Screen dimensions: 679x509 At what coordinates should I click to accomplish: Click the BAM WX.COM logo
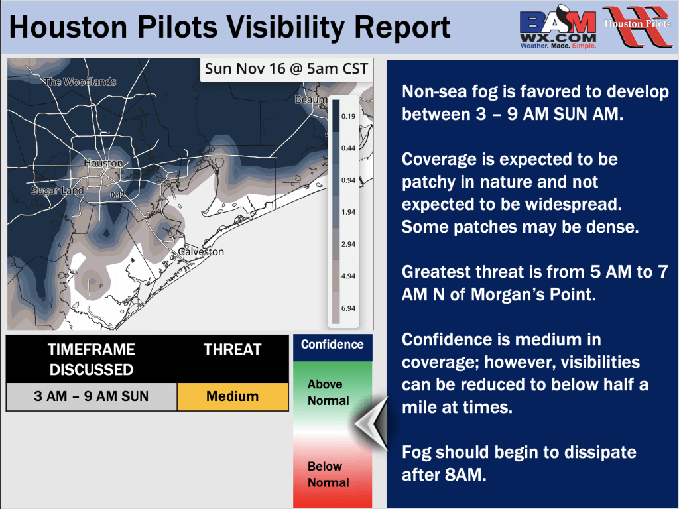click(558, 27)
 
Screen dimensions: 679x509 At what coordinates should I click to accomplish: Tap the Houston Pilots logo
click(637, 26)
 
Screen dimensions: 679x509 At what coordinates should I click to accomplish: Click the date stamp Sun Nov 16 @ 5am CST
click(286, 68)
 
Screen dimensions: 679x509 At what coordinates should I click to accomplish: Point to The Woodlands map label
click(80, 82)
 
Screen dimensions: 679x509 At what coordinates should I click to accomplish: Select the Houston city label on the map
click(103, 163)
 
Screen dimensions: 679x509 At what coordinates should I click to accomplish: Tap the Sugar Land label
click(58, 190)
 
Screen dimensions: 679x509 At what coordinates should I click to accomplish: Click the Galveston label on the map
click(202, 251)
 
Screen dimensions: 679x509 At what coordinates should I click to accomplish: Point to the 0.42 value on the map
click(117, 195)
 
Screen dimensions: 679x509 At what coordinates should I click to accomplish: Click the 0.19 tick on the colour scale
click(348, 116)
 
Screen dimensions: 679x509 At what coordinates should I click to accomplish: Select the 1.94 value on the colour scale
click(348, 212)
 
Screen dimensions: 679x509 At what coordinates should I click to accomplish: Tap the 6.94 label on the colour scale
click(348, 308)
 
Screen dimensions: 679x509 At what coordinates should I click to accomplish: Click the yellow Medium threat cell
click(233, 396)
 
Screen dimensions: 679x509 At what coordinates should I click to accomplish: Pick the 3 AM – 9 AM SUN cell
click(92, 396)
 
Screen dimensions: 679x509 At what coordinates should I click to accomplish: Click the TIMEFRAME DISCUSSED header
click(92, 359)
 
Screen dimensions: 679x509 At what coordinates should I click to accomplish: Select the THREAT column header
click(233, 350)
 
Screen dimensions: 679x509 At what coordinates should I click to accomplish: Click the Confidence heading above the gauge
click(332, 345)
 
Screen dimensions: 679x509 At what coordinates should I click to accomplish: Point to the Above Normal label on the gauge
click(328, 392)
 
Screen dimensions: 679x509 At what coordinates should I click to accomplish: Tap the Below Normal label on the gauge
click(328, 475)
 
